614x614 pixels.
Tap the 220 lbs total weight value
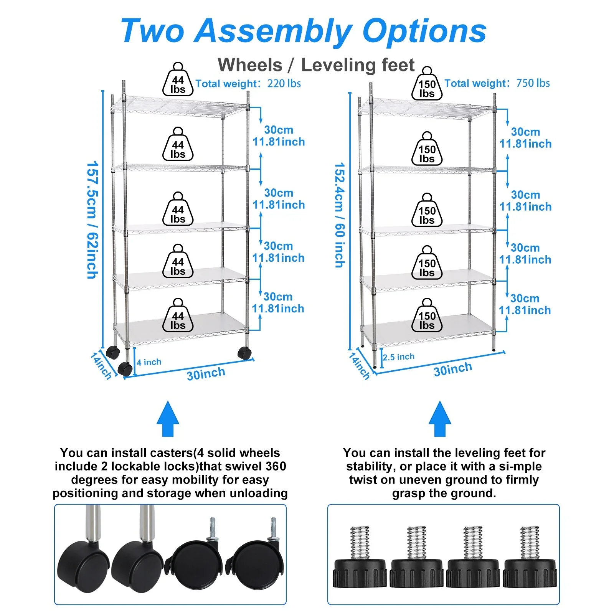(x=284, y=83)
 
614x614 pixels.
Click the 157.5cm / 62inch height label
(x=92, y=220)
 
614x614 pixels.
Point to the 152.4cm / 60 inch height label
(x=340, y=215)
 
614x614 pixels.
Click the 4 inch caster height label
(x=149, y=362)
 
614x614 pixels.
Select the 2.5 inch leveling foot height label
(x=399, y=357)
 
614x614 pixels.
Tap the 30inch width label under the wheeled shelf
(x=206, y=373)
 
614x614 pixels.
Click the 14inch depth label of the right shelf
(x=359, y=366)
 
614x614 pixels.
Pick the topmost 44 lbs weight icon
(x=178, y=80)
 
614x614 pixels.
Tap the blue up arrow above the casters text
(x=168, y=419)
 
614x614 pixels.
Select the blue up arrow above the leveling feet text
(x=440, y=419)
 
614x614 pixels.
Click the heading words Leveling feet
(x=357, y=65)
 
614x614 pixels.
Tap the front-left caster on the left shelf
(x=125, y=368)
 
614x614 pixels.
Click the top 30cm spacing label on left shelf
(x=279, y=130)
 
